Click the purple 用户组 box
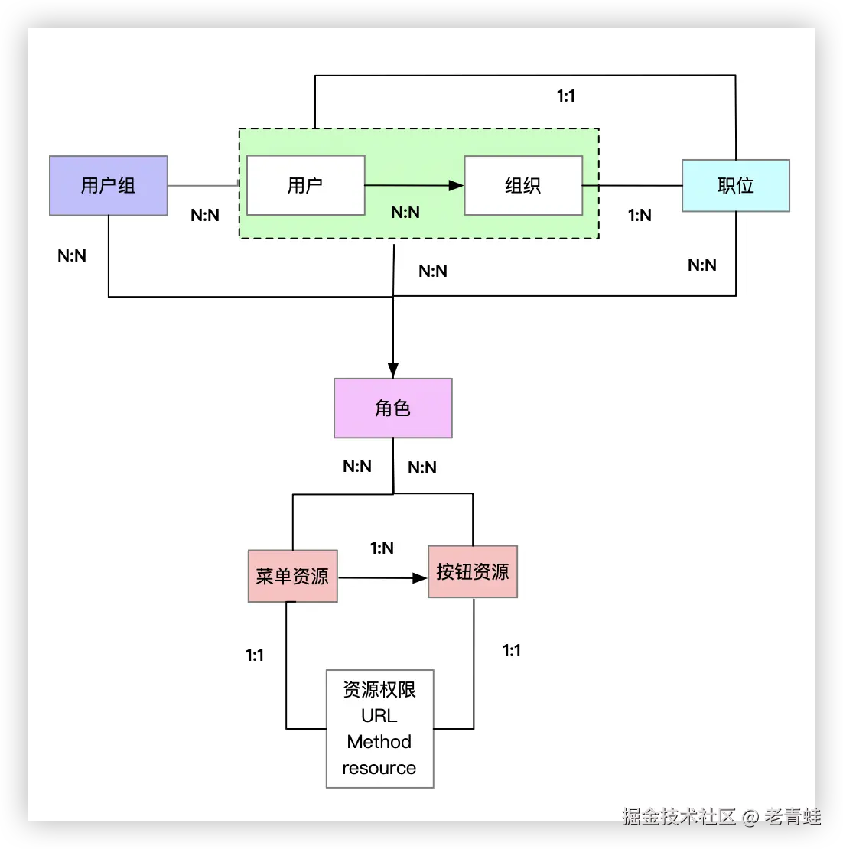click(x=109, y=186)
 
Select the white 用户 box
click(x=305, y=185)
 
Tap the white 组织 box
click(x=523, y=185)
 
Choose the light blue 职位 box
click(x=735, y=186)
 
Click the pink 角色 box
click(x=392, y=408)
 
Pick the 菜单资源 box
click(x=292, y=576)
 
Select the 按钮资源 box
click(x=473, y=571)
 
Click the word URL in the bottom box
click(x=379, y=716)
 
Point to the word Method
click(x=379, y=742)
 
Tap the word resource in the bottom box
click(x=379, y=768)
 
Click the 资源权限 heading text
click(x=379, y=690)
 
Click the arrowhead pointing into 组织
click(x=457, y=185)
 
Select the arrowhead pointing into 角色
click(x=393, y=370)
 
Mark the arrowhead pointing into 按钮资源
click(x=420, y=578)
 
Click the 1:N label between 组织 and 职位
click(x=640, y=216)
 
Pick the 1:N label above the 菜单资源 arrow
click(x=382, y=548)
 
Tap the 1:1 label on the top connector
click(x=565, y=96)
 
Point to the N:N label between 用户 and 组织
click(x=405, y=212)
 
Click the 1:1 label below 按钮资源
click(x=512, y=650)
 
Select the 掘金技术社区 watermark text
click(x=678, y=816)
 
